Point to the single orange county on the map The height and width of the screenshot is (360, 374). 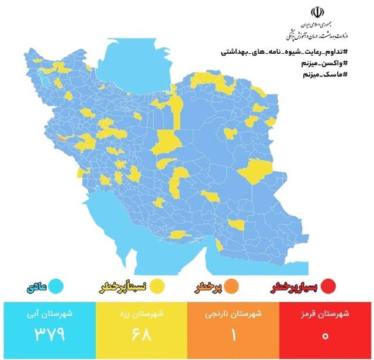[x=60, y=138]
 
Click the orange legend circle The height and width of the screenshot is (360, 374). [x=232, y=286]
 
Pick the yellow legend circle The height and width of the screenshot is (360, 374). [x=156, y=286]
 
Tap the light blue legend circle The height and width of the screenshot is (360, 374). [x=56, y=286]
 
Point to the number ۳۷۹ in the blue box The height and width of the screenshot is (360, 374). [x=47, y=335]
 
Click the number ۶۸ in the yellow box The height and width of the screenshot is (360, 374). [x=140, y=335]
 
